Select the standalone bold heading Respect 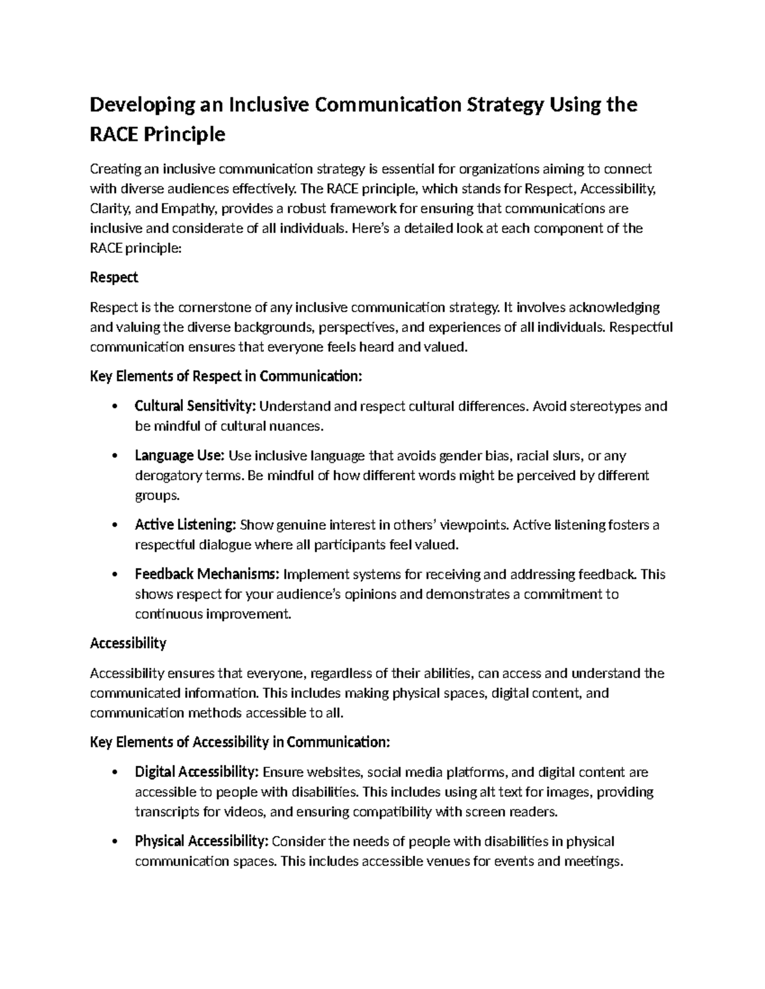(x=114, y=278)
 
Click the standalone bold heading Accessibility (x=128, y=643)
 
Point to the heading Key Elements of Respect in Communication (x=226, y=376)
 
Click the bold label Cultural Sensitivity (x=195, y=406)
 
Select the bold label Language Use (x=179, y=455)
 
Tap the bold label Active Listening (x=186, y=525)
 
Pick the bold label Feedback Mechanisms (x=207, y=574)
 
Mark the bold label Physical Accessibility (x=201, y=841)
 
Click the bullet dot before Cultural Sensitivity (x=115, y=407)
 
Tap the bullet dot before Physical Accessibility (x=115, y=842)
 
